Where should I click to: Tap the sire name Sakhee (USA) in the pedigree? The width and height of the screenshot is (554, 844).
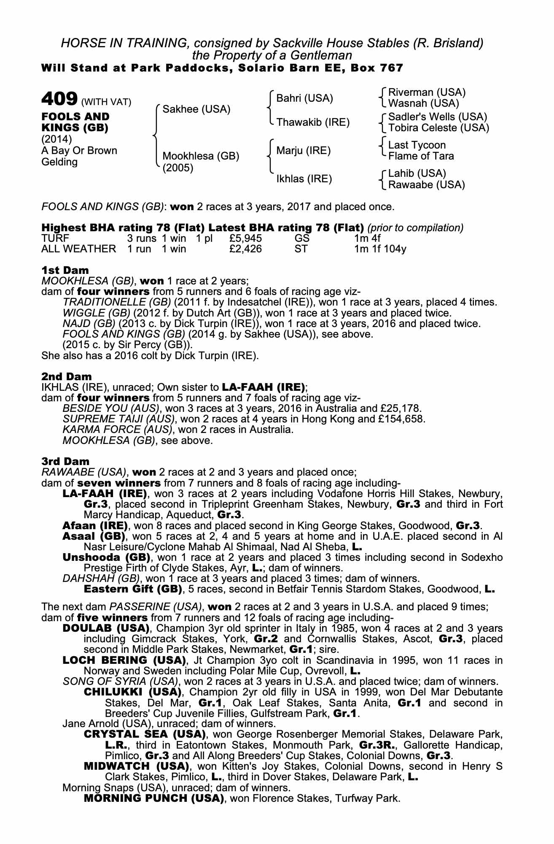tap(196, 109)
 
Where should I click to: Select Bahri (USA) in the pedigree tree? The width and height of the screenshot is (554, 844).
tap(304, 98)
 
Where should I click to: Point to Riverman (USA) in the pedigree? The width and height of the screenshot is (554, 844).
tap(427, 92)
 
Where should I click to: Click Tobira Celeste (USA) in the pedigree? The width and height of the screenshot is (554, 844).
tap(438, 128)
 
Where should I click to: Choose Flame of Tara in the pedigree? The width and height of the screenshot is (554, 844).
tap(421, 156)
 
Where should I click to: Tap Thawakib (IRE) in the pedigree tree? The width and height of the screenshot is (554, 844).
tap(313, 122)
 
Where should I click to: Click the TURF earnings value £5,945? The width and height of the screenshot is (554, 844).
tap(246, 238)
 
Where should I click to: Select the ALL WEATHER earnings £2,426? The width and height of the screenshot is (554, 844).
tap(246, 249)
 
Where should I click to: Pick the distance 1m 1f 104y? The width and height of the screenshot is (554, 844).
tap(380, 249)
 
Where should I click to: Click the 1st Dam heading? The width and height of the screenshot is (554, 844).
tap(65, 270)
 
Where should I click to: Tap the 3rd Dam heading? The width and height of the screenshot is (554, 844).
tap(65, 461)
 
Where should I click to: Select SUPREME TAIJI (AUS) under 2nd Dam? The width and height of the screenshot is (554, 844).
tap(118, 419)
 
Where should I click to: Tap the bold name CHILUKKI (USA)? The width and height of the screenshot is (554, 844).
tap(132, 692)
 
